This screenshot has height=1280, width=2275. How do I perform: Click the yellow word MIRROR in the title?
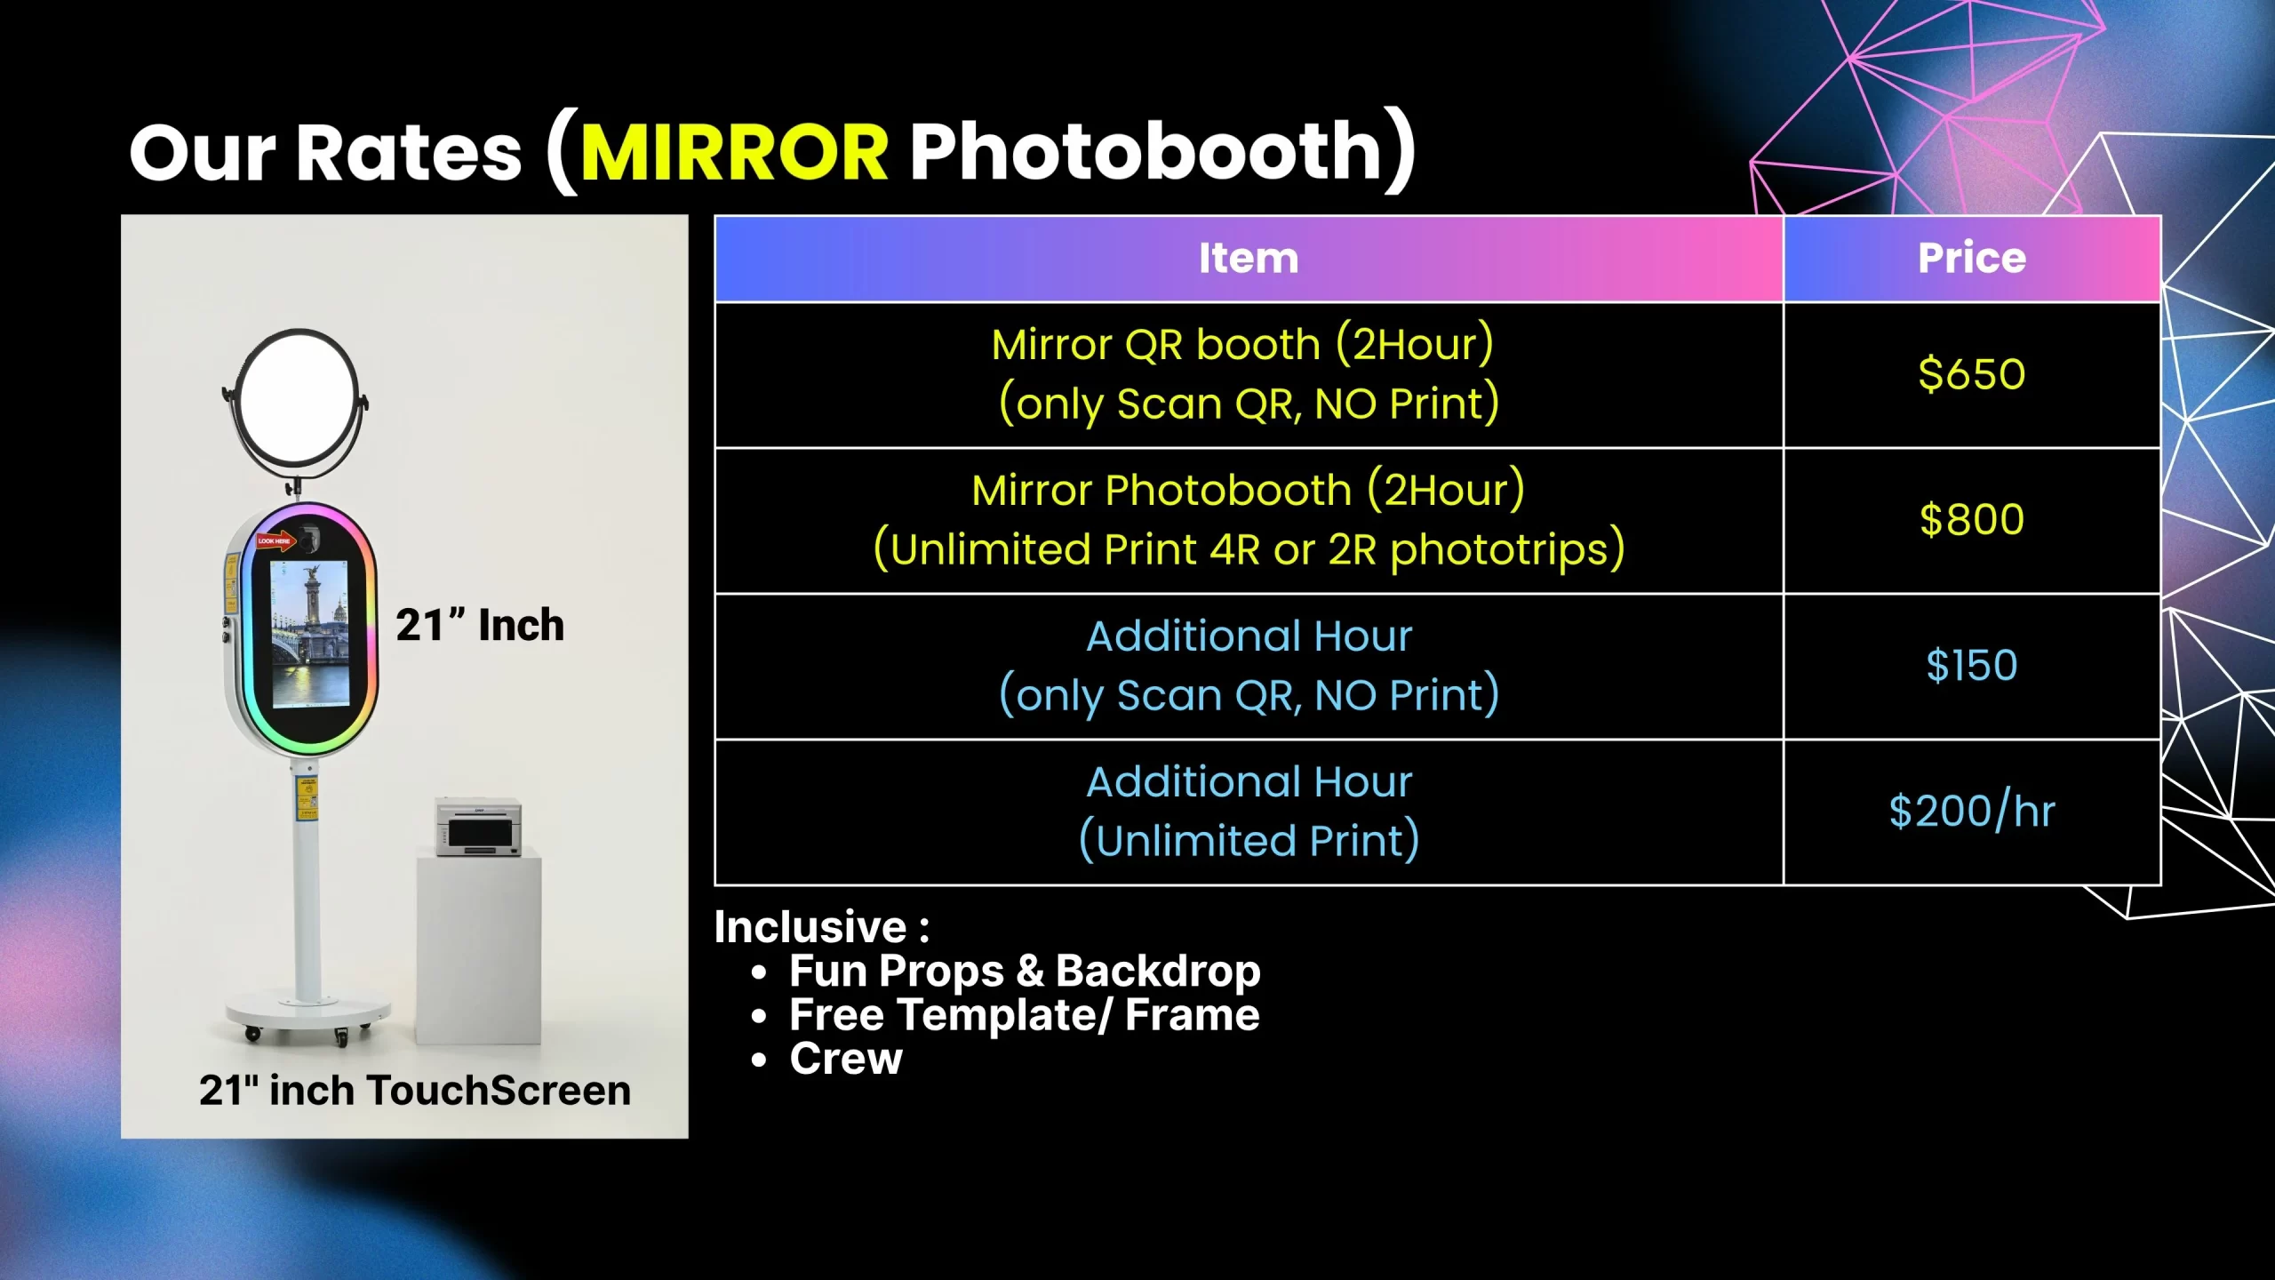point(734,151)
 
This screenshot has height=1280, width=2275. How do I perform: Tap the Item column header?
point(1249,258)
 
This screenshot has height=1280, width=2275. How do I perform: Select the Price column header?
point(1972,258)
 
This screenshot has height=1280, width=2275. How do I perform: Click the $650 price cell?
point(1972,373)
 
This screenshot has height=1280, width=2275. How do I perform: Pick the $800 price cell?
point(1972,519)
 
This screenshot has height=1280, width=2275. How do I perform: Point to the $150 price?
point(1972,665)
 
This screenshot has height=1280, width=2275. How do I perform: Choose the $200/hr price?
point(1972,811)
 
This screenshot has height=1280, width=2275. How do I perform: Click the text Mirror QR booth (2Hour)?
point(1242,344)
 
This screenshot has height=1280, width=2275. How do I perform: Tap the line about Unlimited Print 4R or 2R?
point(1249,548)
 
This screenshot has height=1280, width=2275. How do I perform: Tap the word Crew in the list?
point(846,1059)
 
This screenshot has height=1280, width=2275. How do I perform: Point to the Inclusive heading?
point(822,926)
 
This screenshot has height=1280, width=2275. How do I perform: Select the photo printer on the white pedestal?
point(478,827)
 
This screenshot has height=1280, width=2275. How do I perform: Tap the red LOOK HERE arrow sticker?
point(276,540)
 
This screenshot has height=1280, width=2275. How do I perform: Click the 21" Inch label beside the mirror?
point(480,625)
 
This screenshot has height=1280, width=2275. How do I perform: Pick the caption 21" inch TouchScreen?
point(415,1090)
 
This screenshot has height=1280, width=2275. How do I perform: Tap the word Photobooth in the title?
point(1145,151)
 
